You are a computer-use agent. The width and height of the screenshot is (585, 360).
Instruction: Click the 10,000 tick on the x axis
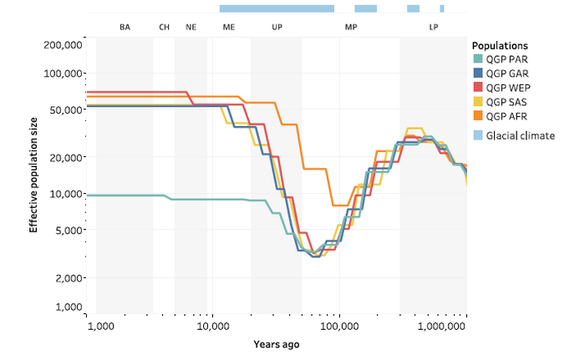212,326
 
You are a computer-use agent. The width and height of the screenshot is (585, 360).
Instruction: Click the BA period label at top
125,27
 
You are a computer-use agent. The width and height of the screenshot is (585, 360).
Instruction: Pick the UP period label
277,27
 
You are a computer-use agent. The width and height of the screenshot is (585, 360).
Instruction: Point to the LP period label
434,27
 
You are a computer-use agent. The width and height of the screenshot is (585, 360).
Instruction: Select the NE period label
191,27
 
